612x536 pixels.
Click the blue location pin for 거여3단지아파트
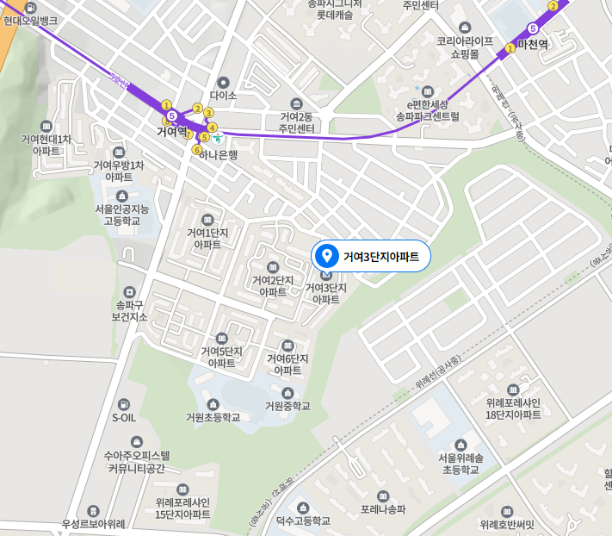click(x=326, y=256)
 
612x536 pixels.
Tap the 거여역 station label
click(x=171, y=132)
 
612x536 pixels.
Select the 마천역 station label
click(x=533, y=45)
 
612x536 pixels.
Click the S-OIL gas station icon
click(x=124, y=403)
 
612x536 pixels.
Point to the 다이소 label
click(x=222, y=97)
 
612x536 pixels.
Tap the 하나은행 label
click(x=218, y=155)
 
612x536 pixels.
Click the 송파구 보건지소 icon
click(x=130, y=292)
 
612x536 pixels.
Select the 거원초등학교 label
click(x=213, y=418)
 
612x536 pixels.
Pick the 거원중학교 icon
click(x=287, y=393)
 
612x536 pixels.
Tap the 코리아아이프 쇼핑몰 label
click(x=465, y=47)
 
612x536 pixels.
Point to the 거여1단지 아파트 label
click(x=207, y=239)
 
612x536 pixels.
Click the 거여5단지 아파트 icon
click(x=222, y=338)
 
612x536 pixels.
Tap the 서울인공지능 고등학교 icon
click(x=121, y=196)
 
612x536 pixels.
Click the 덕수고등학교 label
click(x=303, y=521)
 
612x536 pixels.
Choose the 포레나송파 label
click(x=383, y=509)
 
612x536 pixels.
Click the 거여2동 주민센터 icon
click(x=296, y=103)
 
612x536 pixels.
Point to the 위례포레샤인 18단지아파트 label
click(x=512, y=408)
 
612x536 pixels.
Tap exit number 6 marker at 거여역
click(x=197, y=150)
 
